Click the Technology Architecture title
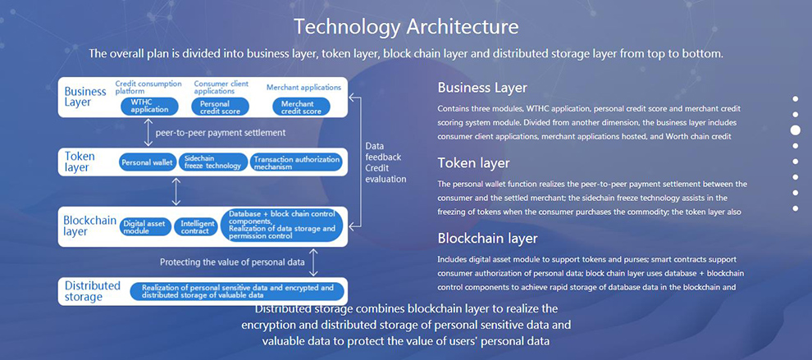pos(406,26)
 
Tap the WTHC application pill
pos(149,107)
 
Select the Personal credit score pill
pos(220,107)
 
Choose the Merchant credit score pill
pos(301,107)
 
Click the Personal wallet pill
pos(147,162)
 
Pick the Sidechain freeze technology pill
pos(212,162)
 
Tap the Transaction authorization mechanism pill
pos(297,162)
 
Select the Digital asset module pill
pos(145,227)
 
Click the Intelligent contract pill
pos(194,227)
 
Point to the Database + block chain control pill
pos(282,225)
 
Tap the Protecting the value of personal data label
pos(232,262)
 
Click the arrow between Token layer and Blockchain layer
pos(176,191)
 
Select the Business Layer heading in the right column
pos(482,88)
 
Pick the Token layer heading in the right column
pos(474,163)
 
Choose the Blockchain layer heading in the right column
pos(488,239)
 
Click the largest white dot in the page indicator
pos(796,130)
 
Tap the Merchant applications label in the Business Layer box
pos(304,88)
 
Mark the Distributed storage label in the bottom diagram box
pos(93,291)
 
